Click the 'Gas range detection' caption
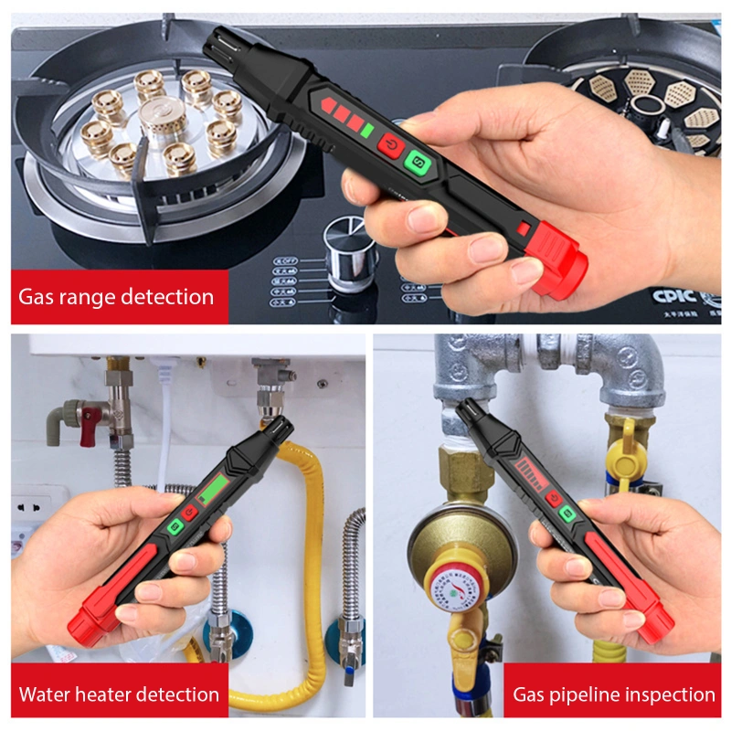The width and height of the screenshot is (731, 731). (116, 297)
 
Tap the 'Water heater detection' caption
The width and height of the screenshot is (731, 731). (119, 694)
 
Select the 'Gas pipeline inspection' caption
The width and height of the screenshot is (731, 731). (613, 694)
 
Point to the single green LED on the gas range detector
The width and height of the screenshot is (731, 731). (366, 131)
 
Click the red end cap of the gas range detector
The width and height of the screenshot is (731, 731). (558, 264)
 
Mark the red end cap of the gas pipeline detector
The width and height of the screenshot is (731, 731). (653, 620)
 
